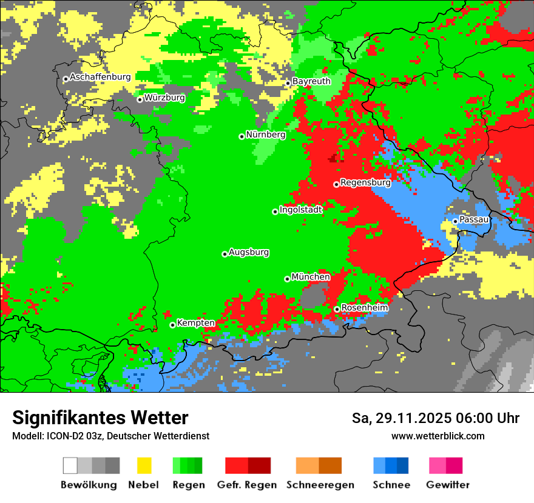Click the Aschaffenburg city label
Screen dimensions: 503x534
coord(100,77)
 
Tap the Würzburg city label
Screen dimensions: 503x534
coord(164,98)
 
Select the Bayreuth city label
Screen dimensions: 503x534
coord(311,81)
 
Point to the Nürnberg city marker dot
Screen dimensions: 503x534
coord(242,136)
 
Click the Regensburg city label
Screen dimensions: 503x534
coord(365,182)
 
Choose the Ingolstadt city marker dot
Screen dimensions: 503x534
coord(275,212)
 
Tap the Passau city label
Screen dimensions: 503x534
coord(475,219)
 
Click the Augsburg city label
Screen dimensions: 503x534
coord(249,252)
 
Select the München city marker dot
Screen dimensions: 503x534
coord(287,279)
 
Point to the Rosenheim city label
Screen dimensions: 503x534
coord(364,308)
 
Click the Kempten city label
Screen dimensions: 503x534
coord(195,323)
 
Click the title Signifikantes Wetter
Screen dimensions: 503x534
coord(100,418)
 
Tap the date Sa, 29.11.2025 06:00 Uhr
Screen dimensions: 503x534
coord(435,418)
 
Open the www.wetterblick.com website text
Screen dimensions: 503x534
coord(438,436)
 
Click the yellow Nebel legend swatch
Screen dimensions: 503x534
coord(144,465)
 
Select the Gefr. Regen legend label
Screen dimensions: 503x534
coord(246,485)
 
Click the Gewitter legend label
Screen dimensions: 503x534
coord(447,485)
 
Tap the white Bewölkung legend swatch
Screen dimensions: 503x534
coord(70,465)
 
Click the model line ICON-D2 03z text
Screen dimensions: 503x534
coord(110,436)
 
